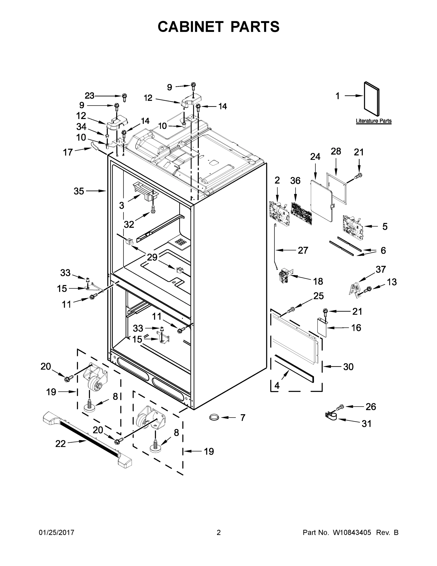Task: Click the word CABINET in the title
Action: point(191,27)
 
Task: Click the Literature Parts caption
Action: point(373,121)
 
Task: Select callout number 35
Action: point(79,191)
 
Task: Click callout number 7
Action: point(243,417)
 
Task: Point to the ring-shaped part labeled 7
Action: point(214,417)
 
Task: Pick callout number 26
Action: point(371,407)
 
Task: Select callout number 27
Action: point(303,250)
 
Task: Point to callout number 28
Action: point(336,151)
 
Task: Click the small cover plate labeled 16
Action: point(322,328)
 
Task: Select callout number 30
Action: point(348,367)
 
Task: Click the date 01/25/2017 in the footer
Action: point(57,533)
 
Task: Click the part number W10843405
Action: point(352,533)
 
